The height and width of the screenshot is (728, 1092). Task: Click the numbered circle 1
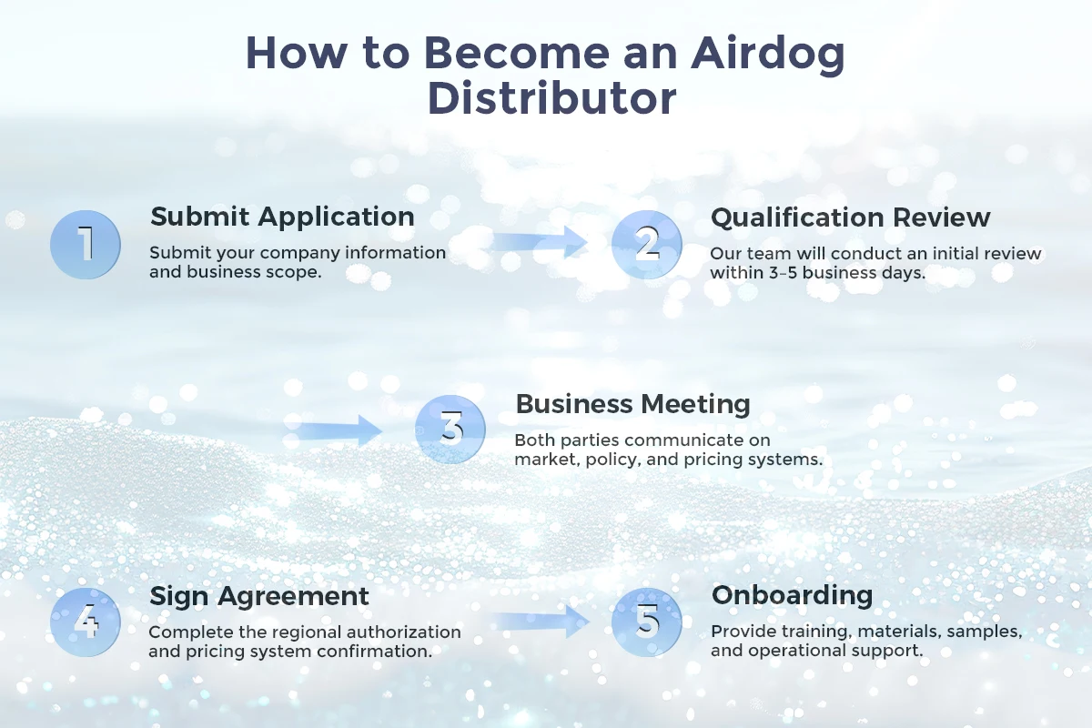[86, 244]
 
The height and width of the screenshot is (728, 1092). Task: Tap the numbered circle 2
[646, 244]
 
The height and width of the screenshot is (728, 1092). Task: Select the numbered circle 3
[450, 430]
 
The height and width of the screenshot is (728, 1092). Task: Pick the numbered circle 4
[86, 622]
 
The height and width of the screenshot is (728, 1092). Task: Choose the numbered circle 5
[646, 622]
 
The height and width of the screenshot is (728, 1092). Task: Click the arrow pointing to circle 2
[541, 242]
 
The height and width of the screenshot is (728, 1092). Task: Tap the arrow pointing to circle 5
[541, 622]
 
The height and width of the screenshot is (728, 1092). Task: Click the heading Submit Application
[282, 217]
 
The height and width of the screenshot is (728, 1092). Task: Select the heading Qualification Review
[850, 217]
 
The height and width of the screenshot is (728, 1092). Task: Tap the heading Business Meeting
[632, 404]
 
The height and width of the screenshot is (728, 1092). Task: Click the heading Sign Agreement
[259, 596]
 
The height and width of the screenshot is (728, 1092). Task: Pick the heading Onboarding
[792, 595]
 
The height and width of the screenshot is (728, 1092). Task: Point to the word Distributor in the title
[551, 99]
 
